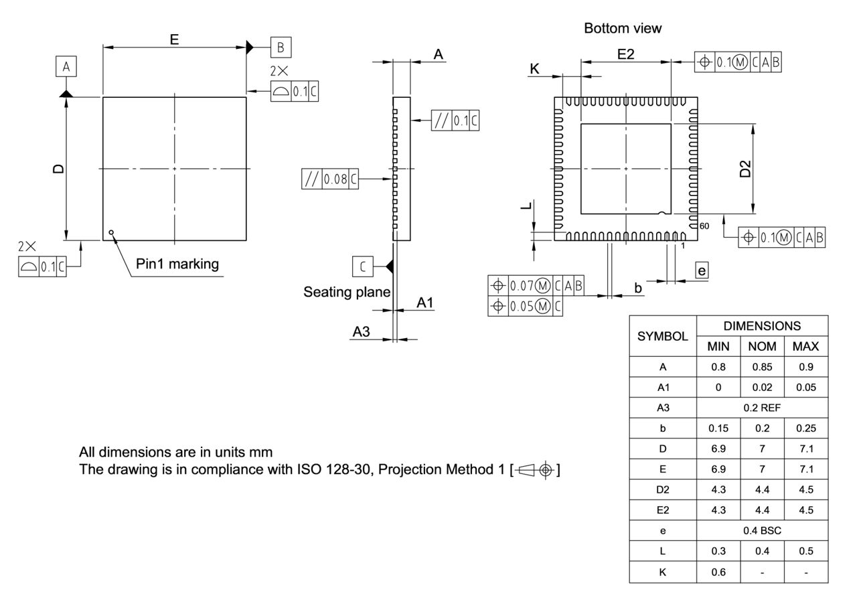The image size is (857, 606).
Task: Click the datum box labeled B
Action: point(281,48)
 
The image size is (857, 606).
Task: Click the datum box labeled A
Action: point(66,67)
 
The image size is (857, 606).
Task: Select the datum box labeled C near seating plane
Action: point(362,267)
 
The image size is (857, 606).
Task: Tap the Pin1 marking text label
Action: point(177,264)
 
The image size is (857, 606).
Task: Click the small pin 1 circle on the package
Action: point(111,232)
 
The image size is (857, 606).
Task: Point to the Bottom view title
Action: point(623,28)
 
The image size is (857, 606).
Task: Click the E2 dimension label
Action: point(625,54)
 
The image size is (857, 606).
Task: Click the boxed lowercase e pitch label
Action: point(701,270)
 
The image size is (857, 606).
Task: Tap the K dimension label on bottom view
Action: point(534,68)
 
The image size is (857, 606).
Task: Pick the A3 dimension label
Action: point(361,331)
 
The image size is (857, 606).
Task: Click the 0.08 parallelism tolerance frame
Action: point(330,179)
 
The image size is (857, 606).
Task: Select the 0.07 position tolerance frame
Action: point(536,286)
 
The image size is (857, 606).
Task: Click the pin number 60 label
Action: point(704,226)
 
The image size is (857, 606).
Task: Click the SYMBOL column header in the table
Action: point(662,336)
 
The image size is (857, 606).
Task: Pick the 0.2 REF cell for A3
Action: point(762,408)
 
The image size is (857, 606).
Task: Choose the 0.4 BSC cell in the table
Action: point(762,530)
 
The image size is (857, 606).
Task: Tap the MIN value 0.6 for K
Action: point(718,572)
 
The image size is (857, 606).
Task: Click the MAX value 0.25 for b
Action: point(805,428)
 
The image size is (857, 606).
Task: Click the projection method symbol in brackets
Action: point(535,469)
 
